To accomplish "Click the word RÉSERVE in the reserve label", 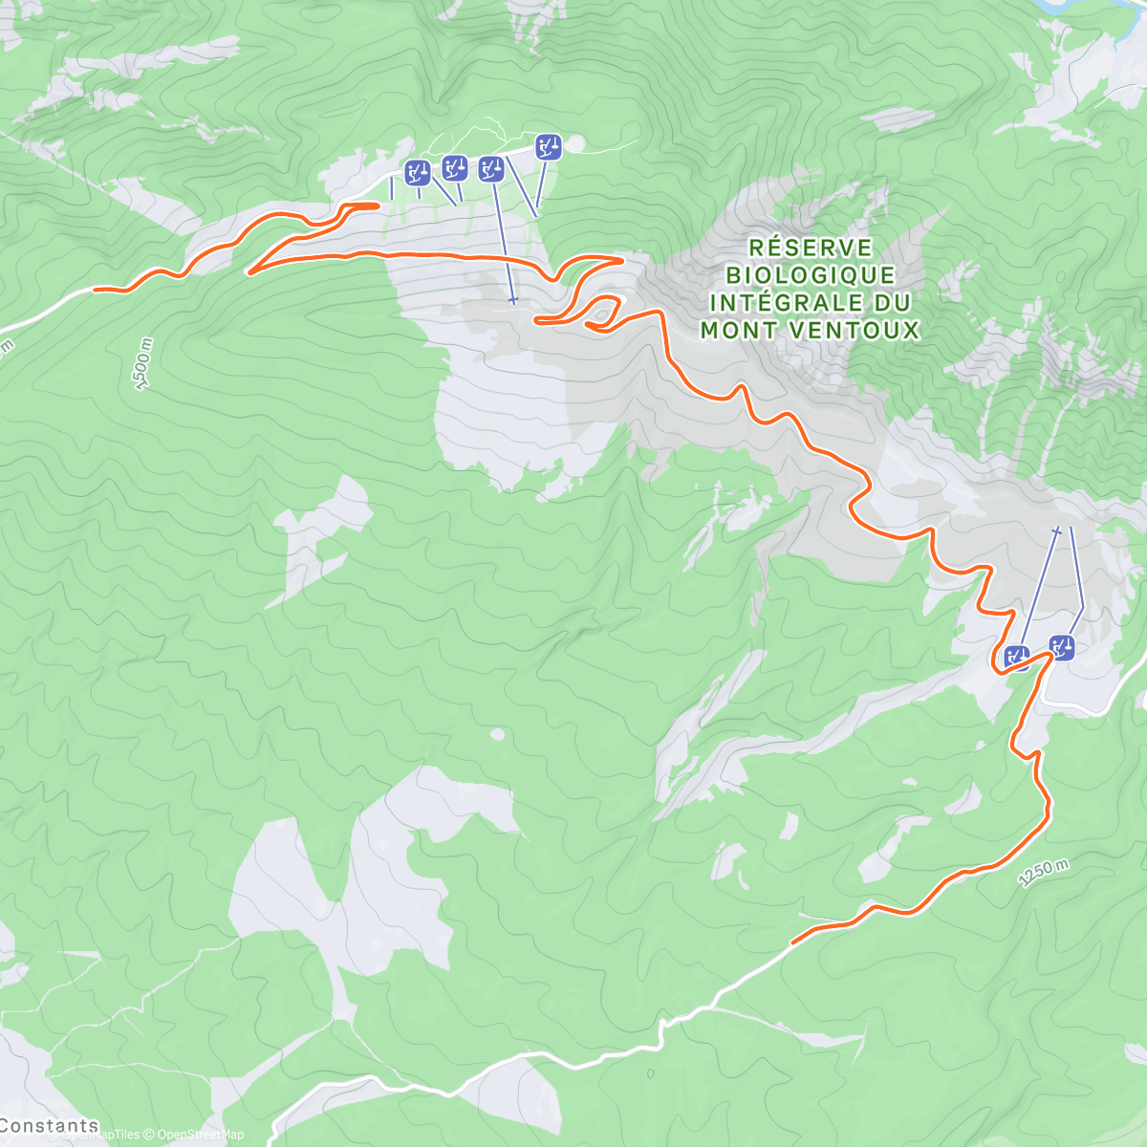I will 811,248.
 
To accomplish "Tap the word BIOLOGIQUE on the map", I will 811,275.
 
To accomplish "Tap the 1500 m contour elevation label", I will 142,363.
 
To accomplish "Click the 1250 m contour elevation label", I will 1043,873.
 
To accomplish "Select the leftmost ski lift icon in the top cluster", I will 418,172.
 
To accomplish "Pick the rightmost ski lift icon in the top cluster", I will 548,146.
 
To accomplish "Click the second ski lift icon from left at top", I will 455,167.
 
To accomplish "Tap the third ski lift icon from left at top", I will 491,169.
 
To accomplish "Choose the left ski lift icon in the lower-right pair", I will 1017,658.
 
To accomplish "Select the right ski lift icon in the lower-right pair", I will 1062,647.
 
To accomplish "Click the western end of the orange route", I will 96,289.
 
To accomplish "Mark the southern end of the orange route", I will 793,942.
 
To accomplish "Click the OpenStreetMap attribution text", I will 200,1135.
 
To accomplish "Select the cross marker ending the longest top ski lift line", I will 513,300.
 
